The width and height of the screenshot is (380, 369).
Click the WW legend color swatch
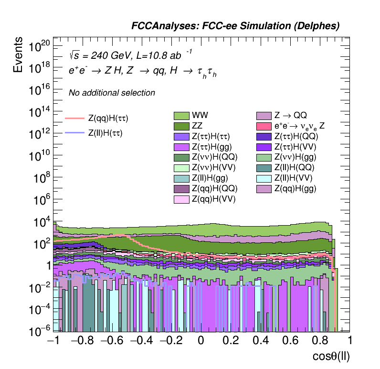point(181,116)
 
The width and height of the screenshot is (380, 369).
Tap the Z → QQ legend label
point(290,116)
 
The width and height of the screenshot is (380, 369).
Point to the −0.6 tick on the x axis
point(108,340)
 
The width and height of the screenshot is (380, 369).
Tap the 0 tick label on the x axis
point(201,340)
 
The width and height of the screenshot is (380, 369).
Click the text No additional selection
point(112,93)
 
